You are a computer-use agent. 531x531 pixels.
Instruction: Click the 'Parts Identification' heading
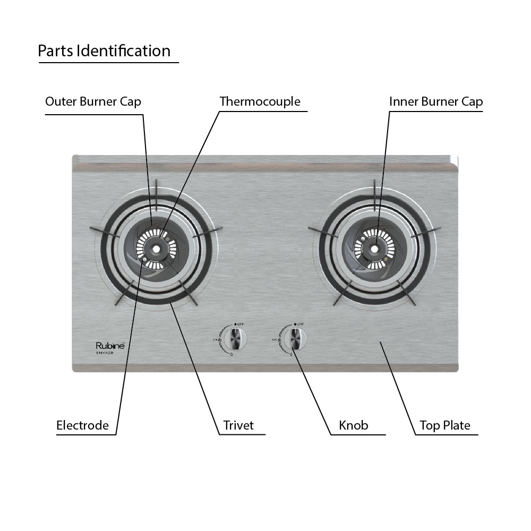tap(104, 51)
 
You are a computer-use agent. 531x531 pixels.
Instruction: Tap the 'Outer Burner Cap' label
tap(93, 101)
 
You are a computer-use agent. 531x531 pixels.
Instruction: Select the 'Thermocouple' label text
tap(260, 101)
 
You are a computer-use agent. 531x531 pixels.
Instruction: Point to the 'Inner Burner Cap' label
tap(435, 101)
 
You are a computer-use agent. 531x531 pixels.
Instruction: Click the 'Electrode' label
tap(82, 425)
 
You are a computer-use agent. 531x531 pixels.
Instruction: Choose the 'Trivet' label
tap(238, 425)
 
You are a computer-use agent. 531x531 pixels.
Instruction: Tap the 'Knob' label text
tap(353, 425)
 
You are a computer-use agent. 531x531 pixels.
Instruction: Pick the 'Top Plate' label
tap(444, 425)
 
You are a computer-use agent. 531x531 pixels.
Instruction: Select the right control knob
tap(295, 338)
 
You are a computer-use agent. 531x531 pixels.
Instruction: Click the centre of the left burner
tap(157, 249)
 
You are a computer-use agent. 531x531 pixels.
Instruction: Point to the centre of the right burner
tap(374, 249)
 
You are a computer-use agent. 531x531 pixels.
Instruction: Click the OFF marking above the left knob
tap(240, 323)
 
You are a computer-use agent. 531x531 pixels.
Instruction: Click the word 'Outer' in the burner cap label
tap(61, 101)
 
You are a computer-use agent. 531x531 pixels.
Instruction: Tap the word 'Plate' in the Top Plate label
tap(458, 425)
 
